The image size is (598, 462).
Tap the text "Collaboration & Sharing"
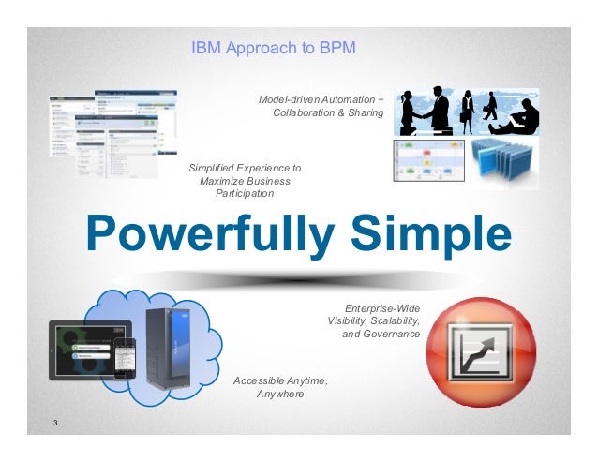pyautogui.click(x=328, y=112)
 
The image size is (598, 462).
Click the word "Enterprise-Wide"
pyautogui.click(x=382, y=307)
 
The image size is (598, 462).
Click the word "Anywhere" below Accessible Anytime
pyautogui.click(x=280, y=394)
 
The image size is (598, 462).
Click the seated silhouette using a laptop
pyautogui.click(x=520, y=118)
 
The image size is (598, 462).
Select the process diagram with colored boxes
pyautogui.click(x=429, y=159)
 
